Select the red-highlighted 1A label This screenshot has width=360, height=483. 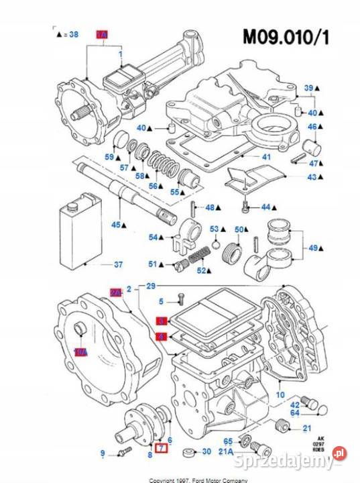(103, 34)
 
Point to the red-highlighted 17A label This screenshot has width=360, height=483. (81, 352)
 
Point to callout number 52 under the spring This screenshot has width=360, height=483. (201, 270)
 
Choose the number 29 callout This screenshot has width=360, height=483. (151, 286)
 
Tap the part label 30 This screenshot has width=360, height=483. (206, 451)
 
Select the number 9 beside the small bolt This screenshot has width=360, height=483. (103, 453)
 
